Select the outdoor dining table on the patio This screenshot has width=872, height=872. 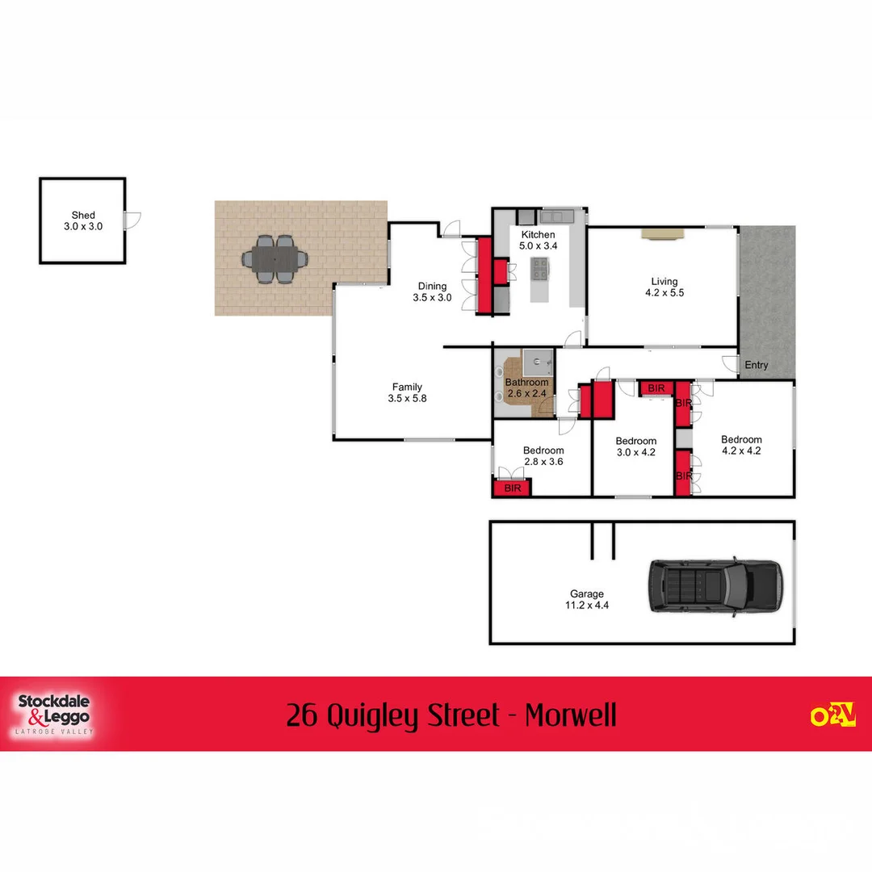(x=275, y=260)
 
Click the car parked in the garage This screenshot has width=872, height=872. (x=715, y=587)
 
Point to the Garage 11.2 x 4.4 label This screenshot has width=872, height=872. (x=587, y=599)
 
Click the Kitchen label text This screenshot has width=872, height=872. (x=538, y=235)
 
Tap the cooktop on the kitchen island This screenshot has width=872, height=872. (x=539, y=267)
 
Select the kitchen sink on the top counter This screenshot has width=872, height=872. (x=557, y=216)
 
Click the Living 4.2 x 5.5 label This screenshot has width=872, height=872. (x=664, y=287)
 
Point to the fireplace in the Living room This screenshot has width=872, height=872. (x=663, y=233)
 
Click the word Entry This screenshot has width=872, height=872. (x=757, y=365)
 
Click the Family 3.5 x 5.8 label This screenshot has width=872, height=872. (x=407, y=392)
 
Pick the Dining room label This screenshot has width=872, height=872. (x=432, y=291)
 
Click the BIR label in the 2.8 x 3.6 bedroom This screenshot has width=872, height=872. (x=512, y=488)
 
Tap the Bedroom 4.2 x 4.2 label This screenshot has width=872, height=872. (x=741, y=446)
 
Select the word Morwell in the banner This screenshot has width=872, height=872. (x=570, y=715)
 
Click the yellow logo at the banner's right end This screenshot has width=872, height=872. (x=832, y=715)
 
